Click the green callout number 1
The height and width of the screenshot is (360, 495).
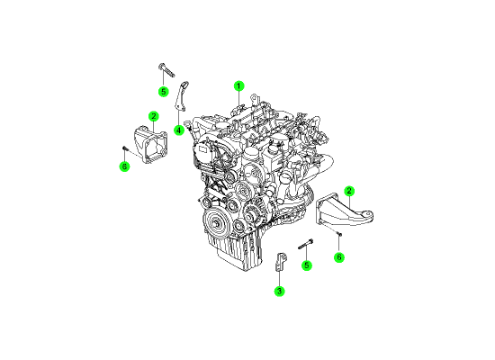pos(239,85)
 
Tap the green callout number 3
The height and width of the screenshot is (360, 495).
pos(279,291)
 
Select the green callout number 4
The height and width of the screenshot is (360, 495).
pos(179,130)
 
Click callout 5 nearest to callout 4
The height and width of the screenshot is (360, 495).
pos(163,92)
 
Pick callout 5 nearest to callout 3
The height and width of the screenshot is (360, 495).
pos(307,265)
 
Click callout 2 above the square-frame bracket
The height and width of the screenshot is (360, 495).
pos(154,116)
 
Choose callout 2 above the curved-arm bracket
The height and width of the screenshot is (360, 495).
pos(349,191)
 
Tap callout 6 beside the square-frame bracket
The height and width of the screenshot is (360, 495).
pos(125,166)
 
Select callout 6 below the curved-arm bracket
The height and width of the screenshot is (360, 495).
pos(339,257)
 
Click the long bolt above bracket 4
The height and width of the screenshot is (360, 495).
pos(166,70)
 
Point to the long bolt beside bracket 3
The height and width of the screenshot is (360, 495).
pos(306,244)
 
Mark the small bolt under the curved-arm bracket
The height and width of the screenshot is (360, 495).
pos(339,234)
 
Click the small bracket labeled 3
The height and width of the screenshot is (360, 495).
pos(281,262)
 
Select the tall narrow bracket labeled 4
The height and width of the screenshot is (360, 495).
pos(181,96)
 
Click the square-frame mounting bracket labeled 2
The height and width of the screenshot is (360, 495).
pos(150,144)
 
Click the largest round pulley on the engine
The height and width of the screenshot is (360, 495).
pos(216,222)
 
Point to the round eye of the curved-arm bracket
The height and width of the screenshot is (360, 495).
pos(366,216)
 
